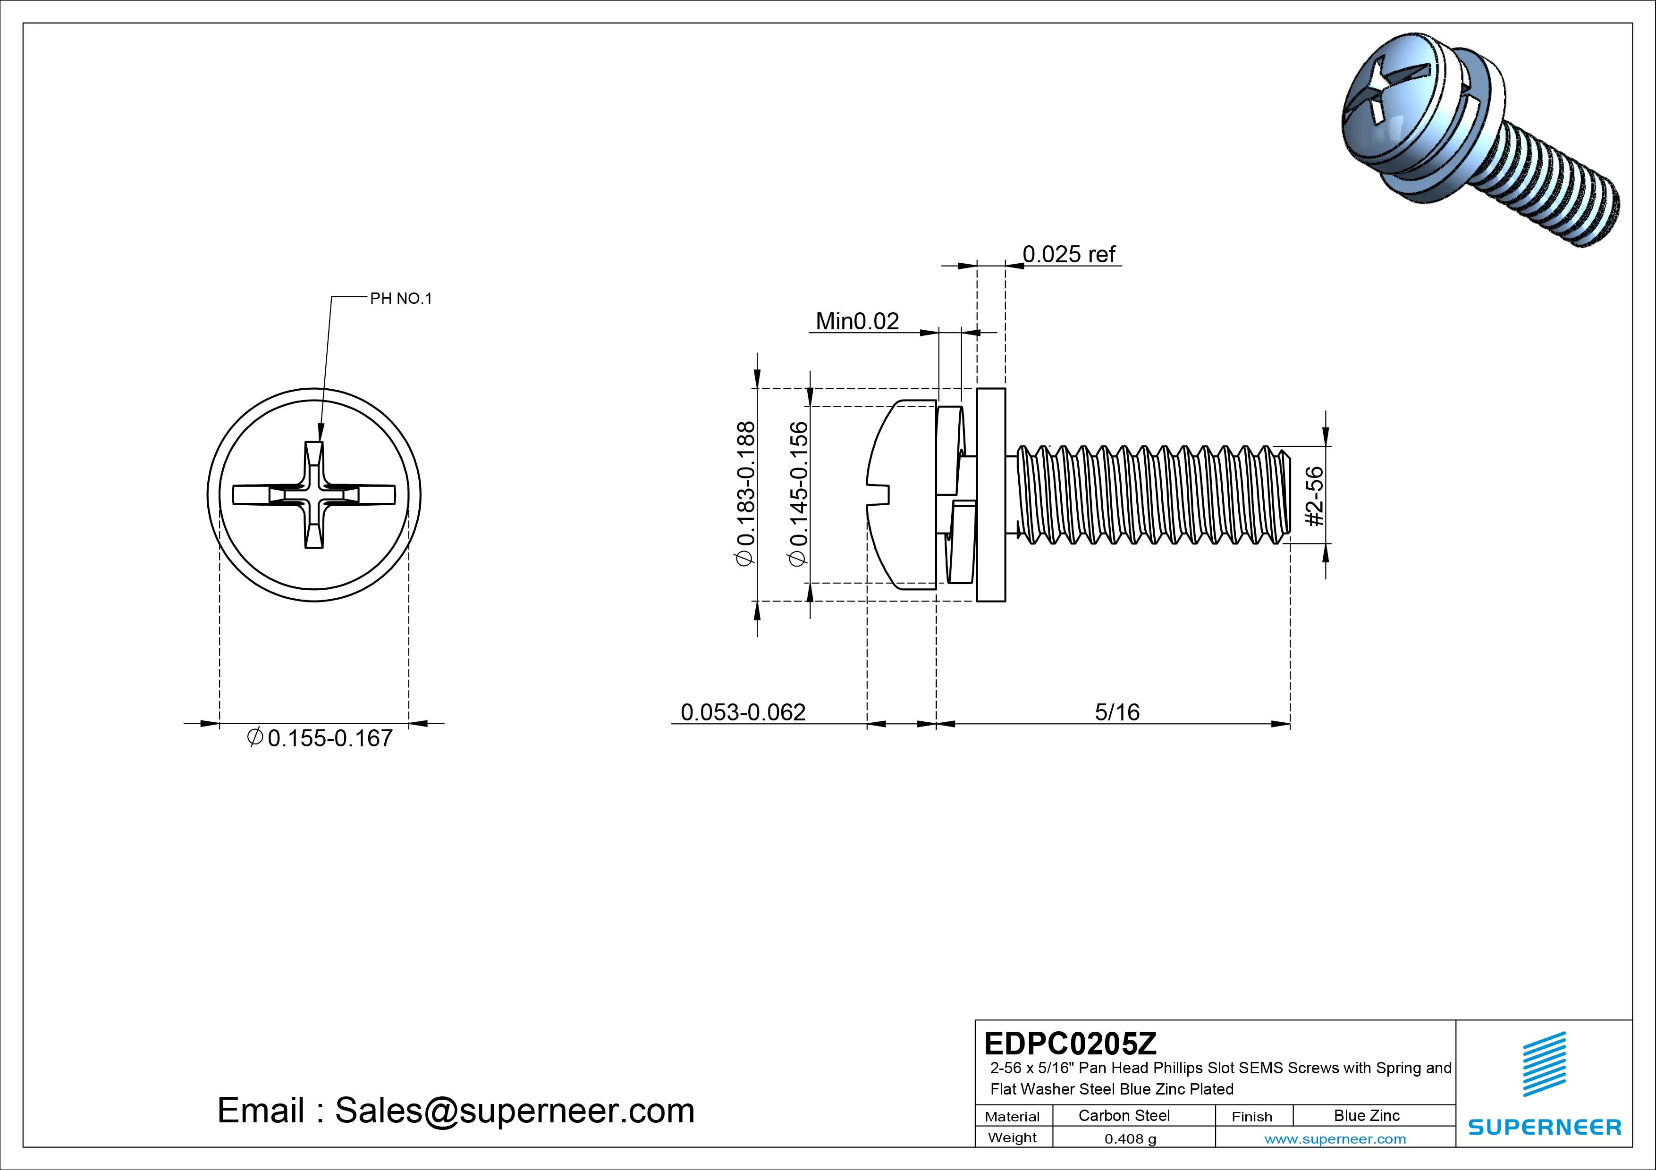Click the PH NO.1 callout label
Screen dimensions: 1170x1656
[400, 299]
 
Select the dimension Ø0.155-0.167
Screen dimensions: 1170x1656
[321, 738]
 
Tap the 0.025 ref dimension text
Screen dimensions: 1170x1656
[1068, 254]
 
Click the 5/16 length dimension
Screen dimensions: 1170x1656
[1116, 712]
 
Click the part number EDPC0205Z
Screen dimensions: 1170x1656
[1070, 1043]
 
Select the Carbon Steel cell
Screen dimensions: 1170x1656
[1124, 1115]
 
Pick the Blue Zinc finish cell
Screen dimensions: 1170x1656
[1366, 1115]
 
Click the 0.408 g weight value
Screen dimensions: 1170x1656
[1130, 1139]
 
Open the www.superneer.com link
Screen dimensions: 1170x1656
[1335, 1139]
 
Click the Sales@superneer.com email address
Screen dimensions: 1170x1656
[514, 1111]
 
